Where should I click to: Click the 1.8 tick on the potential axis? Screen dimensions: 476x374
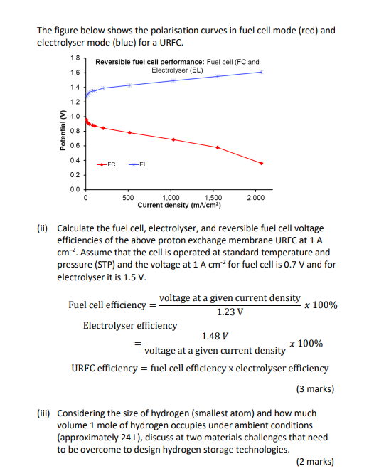pos(75,57)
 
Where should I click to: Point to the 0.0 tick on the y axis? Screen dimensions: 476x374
pos(75,189)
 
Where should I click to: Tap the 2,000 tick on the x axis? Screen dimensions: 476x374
pos(255,197)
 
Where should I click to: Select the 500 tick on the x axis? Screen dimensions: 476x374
pos(129,197)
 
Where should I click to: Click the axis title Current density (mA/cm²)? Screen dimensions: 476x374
pos(180,205)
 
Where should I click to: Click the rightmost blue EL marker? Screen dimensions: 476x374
pos(261,72)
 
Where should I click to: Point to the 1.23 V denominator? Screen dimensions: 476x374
pos(230,312)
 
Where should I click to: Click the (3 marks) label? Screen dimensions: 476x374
pos(314,389)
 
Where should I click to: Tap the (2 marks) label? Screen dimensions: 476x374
pos(314,462)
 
